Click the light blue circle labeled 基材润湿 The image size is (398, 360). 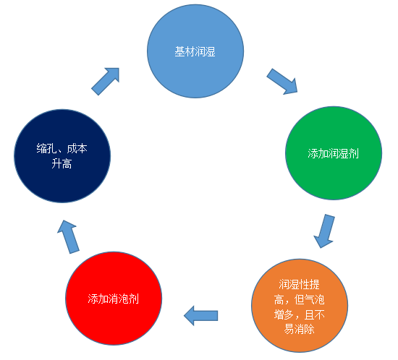pyautogui.click(x=195, y=51)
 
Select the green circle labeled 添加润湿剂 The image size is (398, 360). pyautogui.click(x=334, y=153)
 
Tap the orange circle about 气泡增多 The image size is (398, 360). pyautogui.click(x=300, y=306)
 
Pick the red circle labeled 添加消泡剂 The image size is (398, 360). pyautogui.click(x=114, y=299)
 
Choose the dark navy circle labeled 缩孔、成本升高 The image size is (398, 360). pyautogui.click(x=62, y=156)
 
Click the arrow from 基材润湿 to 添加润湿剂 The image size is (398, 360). pyautogui.click(x=282, y=82)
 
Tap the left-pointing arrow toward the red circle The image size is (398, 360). pyautogui.click(x=200, y=316)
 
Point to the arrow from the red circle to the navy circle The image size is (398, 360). pyautogui.click(x=68, y=237)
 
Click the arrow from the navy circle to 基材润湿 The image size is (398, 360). pyautogui.click(x=106, y=82)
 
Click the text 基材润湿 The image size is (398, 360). pyautogui.click(x=195, y=52)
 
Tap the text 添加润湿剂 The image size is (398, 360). pyautogui.click(x=334, y=154)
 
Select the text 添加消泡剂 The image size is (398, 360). pyautogui.click(x=114, y=299)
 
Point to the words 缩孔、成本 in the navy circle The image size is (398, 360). pyautogui.click(x=62, y=149)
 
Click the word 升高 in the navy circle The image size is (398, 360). pyautogui.click(x=62, y=163)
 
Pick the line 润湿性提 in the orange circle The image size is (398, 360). pyautogui.click(x=300, y=284)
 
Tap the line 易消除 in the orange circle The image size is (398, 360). pyautogui.click(x=300, y=330)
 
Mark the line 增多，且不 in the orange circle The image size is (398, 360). pyautogui.click(x=300, y=315)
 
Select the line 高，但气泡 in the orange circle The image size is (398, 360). pyautogui.click(x=300, y=300)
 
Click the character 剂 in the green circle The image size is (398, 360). pyautogui.click(x=354, y=154)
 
